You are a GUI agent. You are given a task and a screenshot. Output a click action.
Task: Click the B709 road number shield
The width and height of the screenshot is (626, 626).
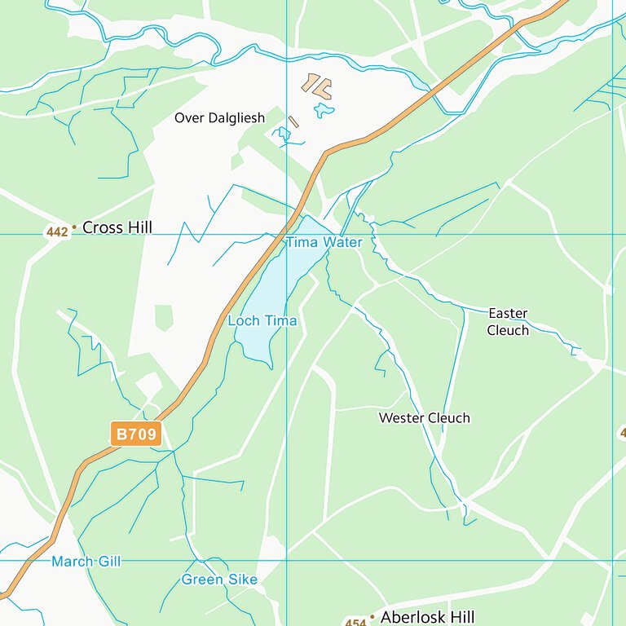pyautogui.click(x=136, y=434)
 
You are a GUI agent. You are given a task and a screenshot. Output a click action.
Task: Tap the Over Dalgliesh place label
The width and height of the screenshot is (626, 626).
pyautogui.click(x=219, y=118)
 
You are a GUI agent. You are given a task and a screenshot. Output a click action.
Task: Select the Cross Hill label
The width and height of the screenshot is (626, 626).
pyautogui.click(x=117, y=227)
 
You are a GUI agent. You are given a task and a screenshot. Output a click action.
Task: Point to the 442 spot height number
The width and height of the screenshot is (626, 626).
pyautogui.click(x=57, y=232)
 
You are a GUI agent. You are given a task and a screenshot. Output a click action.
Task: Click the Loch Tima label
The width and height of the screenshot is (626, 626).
pyautogui.click(x=262, y=321)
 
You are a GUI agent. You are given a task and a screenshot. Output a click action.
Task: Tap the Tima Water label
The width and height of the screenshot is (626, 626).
pyautogui.click(x=324, y=243)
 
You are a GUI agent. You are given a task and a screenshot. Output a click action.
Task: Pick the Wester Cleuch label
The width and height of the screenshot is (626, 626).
pyautogui.click(x=424, y=418)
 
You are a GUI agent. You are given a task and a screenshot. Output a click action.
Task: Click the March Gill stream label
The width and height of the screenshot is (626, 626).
pyautogui.click(x=86, y=562)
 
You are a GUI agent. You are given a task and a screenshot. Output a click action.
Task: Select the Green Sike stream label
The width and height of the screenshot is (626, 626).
pyautogui.click(x=219, y=580)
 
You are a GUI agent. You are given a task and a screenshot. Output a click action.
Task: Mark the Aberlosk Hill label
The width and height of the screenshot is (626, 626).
pyautogui.click(x=427, y=617)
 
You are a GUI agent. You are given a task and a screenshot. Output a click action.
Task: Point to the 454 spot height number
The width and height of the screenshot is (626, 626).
pyautogui.click(x=355, y=623)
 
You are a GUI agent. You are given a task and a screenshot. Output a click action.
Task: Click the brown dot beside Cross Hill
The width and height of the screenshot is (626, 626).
pyautogui.click(x=74, y=228)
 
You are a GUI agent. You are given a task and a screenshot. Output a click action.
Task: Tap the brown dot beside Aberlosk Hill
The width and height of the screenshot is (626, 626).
pyautogui.click(x=372, y=619)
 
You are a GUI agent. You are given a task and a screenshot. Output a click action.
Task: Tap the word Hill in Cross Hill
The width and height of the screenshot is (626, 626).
pyautogui.click(x=137, y=227)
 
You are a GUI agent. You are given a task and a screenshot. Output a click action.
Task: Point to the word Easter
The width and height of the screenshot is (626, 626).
pyautogui.click(x=508, y=314)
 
